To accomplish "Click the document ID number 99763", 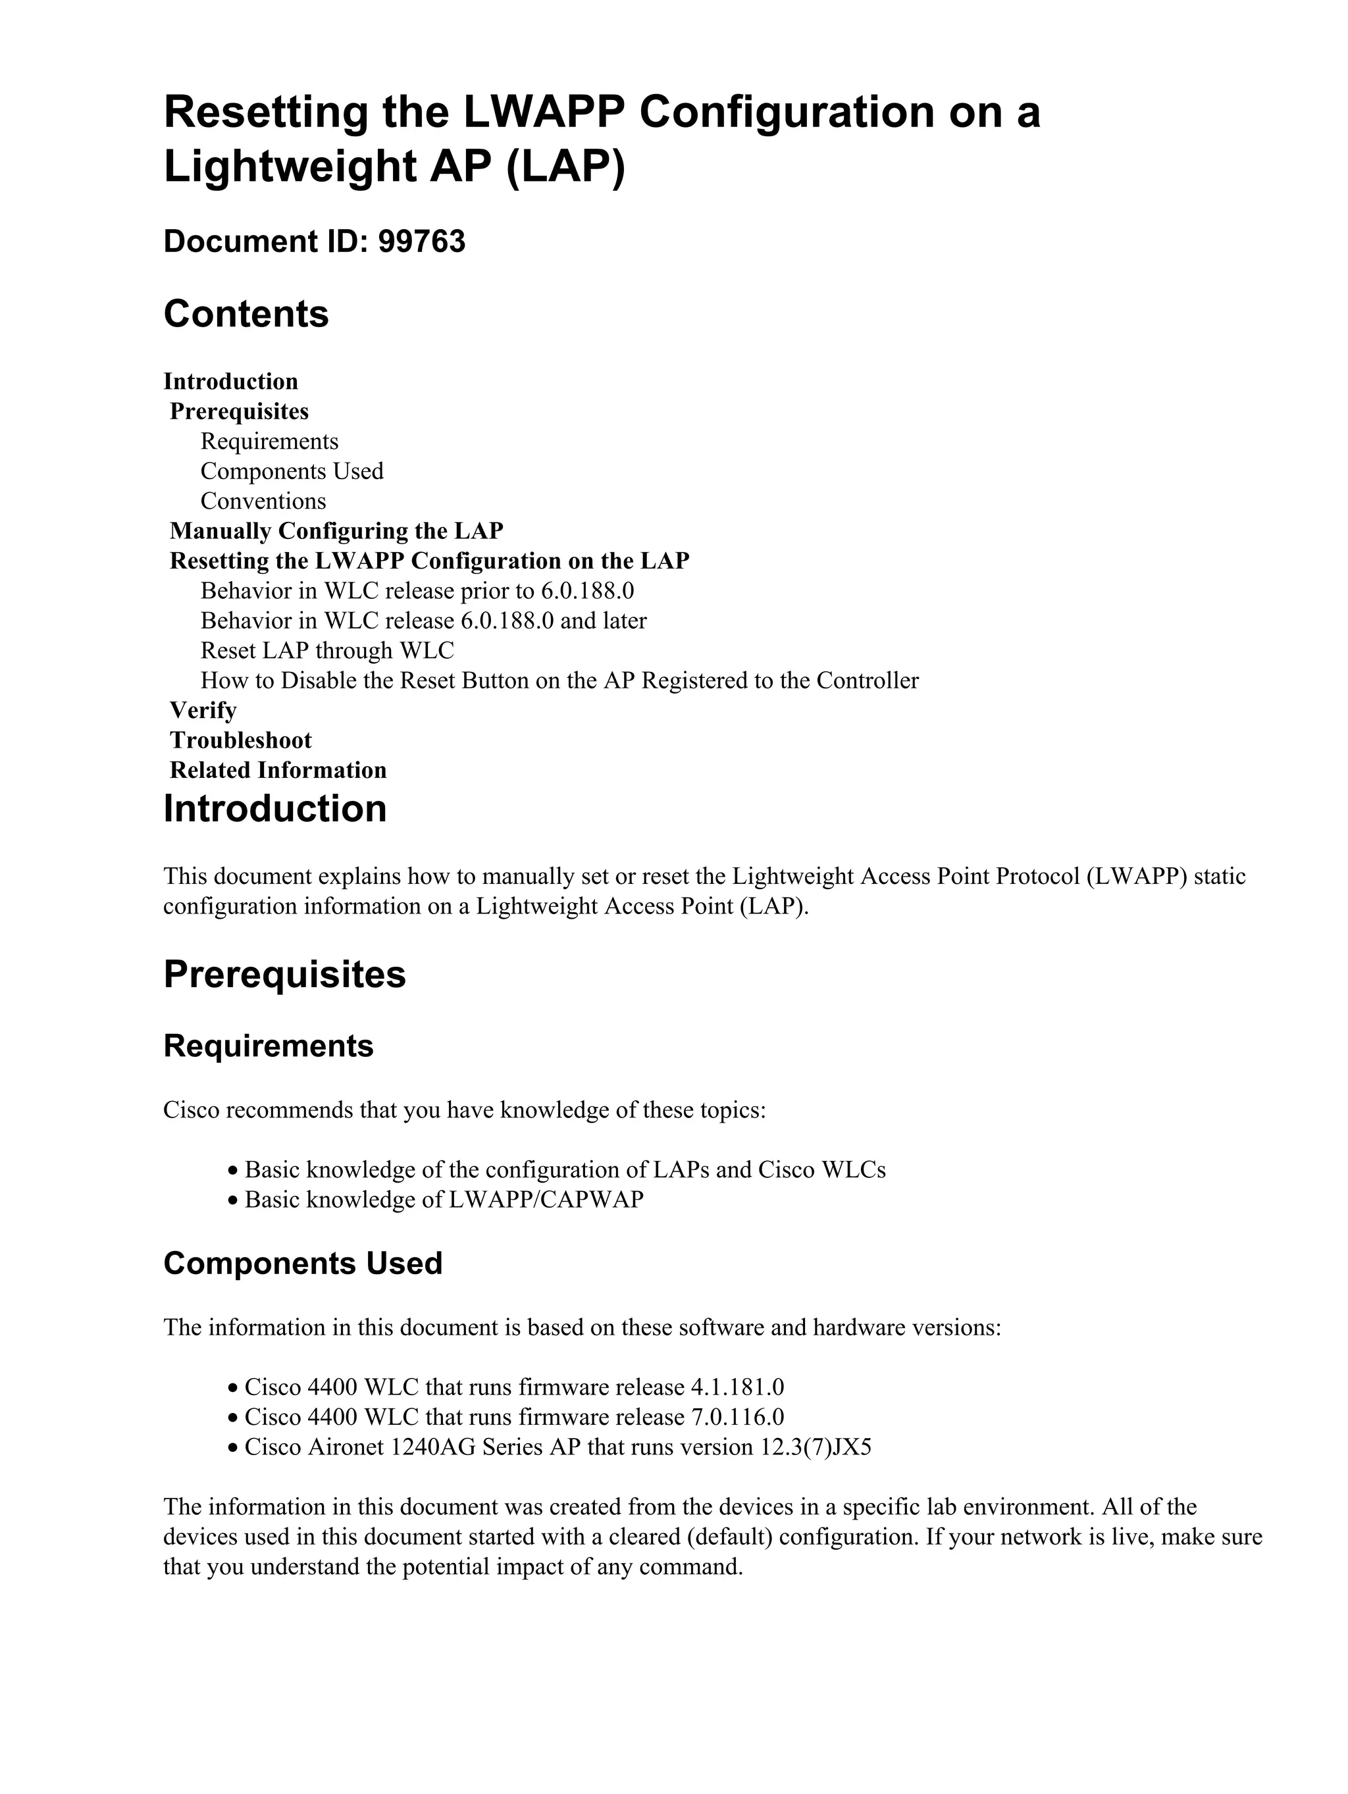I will (x=422, y=242).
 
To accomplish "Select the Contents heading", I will (x=246, y=314).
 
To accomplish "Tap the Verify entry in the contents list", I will (x=203, y=711).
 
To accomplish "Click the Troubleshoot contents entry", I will (x=240, y=740).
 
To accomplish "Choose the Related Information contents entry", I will (x=277, y=771).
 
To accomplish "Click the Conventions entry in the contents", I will (x=263, y=501).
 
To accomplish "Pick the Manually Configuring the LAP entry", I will (x=336, y=531).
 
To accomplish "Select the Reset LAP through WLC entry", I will (x=327, y=650).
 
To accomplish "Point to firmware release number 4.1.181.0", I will (x=737, y=1388).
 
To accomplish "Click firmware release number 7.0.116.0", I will (x=737, y=1418).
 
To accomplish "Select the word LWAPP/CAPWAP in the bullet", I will (x=545, y=1200).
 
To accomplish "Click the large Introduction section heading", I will (x=275, y=809).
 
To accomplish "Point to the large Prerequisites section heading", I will (x=284, y=974).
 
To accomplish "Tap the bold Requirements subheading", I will (x=268, y=1046).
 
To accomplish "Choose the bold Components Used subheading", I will (x=303, y=1264).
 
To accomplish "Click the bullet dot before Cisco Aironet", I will (x=233, y=1448).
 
